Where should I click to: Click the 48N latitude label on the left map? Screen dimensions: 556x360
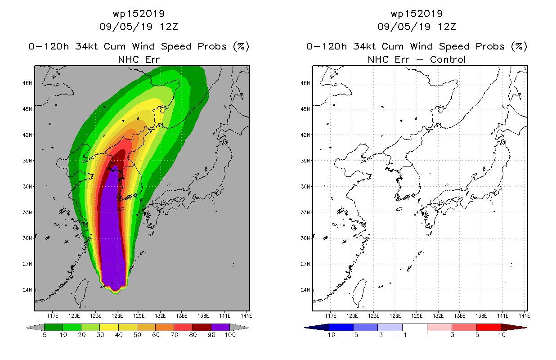point(27,83)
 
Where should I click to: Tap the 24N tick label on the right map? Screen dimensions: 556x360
point(305,290)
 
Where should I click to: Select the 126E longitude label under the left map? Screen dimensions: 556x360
point(117,316)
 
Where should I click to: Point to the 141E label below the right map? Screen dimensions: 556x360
point(502,316)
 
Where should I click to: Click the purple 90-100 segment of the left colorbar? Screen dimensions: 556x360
point(220,327)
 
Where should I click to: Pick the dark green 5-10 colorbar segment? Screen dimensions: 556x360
point(54,327)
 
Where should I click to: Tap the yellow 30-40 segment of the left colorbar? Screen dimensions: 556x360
point(109,327)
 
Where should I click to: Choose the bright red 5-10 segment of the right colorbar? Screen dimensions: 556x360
point(489,327)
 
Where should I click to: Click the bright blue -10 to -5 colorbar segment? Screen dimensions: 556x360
point(341,327)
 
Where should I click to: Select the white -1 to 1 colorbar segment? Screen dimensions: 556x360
point(415,327)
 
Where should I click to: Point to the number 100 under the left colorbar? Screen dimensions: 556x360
point(230,335)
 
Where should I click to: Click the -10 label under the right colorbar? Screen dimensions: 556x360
point(329,335)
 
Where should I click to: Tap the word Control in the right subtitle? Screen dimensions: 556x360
point(448,59)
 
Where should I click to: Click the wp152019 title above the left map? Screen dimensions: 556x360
point(139,13)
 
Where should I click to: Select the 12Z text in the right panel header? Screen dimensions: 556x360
point(447,27)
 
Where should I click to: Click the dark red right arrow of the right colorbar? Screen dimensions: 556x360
point(514,328)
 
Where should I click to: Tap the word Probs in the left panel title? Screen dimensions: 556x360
point(212,46)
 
